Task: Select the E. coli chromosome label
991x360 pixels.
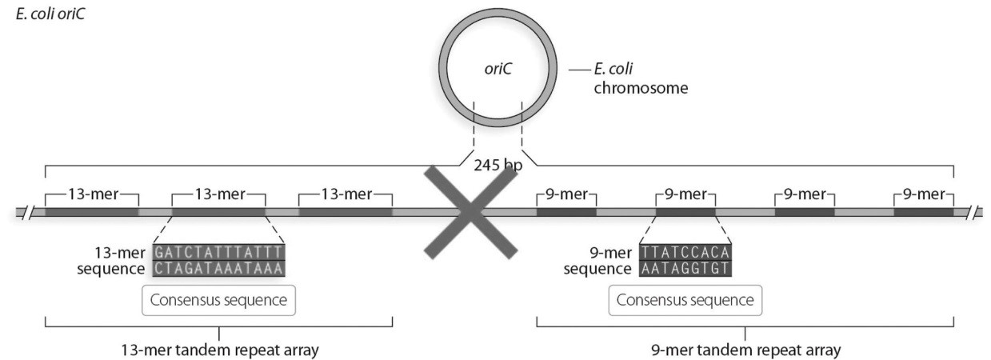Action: tap(640, 78)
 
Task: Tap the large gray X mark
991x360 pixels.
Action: tap(470, 212)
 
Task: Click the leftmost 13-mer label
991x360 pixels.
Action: tap(92, 194)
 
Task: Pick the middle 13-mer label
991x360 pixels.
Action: tap(218, 194)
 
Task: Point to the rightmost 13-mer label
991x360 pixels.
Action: tap(345, 194)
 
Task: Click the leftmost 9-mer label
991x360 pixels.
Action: tap(565, 194)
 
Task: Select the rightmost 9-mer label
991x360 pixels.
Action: tap(923, 194)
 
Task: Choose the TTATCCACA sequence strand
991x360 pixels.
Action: tap(685, 251)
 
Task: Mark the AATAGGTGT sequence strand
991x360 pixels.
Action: tap(685, 268)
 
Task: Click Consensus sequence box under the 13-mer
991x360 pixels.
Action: tap(218, 301)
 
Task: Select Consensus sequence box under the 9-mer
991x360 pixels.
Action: tap(685, 301)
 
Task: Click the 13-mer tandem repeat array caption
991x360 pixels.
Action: tap(218, 350)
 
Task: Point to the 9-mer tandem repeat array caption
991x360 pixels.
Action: tap(745, 350)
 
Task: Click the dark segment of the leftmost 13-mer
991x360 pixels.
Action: tap(92, 212)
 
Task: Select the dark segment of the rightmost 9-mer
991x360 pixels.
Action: tap(923, 212)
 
